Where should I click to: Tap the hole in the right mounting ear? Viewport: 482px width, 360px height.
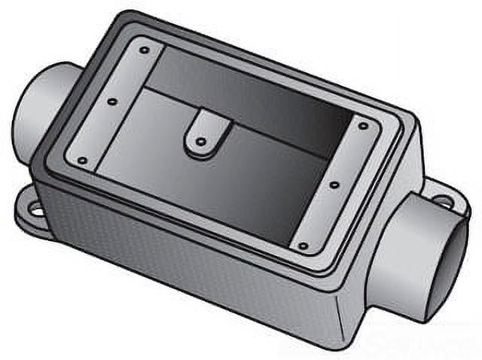[x=445, y=202]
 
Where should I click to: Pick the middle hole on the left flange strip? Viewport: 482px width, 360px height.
[x=111, y=101]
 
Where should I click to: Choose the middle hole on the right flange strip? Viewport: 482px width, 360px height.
[x=333, y=182]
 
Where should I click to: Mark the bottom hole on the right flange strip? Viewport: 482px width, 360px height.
[x=302, y=245]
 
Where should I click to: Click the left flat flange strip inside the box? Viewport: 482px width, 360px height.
[x=113, y=105]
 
